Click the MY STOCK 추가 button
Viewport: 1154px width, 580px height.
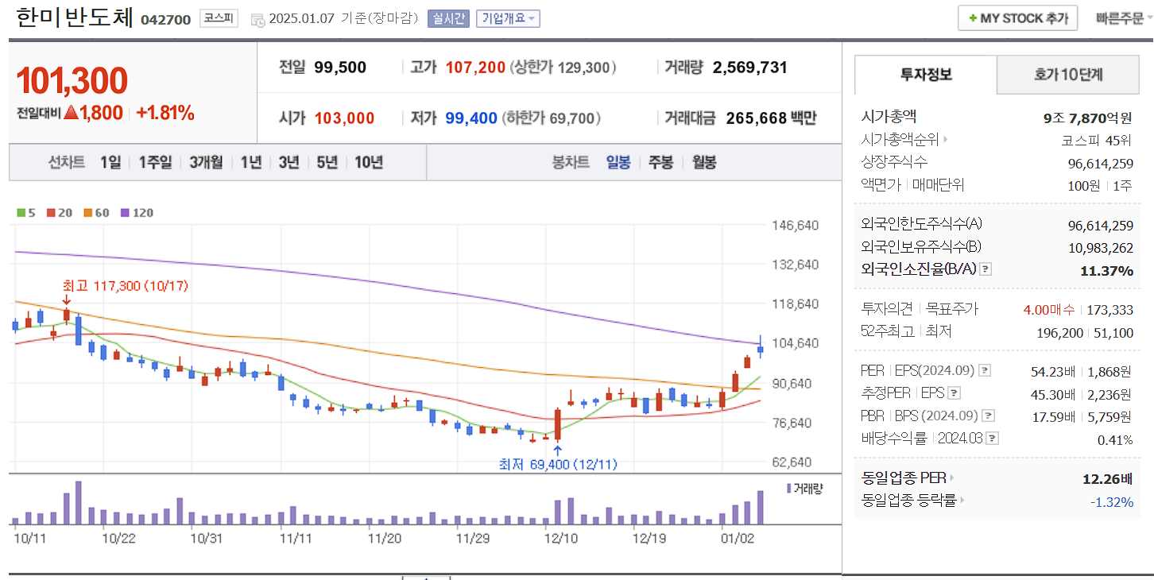tap(1018, 18)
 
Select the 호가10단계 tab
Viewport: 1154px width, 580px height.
tap(1068, 75)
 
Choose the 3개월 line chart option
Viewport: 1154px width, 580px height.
tap(206, 163)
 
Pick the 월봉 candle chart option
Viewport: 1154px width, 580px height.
tap(703, 163)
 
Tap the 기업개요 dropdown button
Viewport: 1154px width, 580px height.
tap(508, 18)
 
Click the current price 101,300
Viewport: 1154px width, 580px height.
tap(72, 81)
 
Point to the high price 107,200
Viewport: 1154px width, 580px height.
tap(475, 68)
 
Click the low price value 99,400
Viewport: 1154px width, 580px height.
tap(471, 118)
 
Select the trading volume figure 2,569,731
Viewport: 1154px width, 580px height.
tap(749, 68)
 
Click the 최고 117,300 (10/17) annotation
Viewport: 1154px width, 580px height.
tap(126, 285)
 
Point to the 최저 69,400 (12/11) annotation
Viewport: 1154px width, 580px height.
tap(558, 464)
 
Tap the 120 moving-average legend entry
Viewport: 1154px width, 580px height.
tap(137, 213)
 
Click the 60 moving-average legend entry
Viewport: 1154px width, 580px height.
tap(97, 213)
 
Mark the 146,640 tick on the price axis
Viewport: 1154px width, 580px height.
tap(796, 225)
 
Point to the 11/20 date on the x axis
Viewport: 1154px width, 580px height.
tap(385, 538)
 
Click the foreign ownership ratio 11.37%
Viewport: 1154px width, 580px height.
tap(1106, 271)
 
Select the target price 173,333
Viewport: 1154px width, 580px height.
tap(1112, 310)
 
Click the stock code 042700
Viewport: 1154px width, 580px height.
tap(165, 19)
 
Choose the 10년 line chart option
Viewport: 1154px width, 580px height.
tap(369, 163)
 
